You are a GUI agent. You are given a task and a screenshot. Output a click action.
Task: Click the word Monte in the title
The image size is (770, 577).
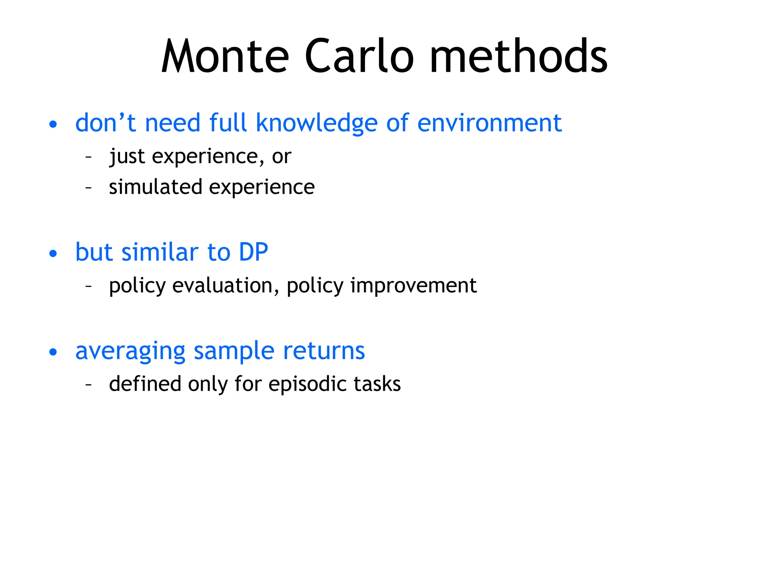coord(225,56)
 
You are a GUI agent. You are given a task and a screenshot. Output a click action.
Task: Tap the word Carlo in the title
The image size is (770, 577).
coord(359,56)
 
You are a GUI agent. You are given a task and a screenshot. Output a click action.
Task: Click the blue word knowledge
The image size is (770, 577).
coord(316,123)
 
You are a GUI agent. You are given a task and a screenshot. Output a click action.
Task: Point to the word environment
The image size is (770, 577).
coord(489,123)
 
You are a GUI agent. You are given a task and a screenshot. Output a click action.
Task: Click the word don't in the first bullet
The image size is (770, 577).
coord(105,123)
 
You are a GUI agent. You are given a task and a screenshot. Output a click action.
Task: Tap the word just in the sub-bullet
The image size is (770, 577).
coord(127,157)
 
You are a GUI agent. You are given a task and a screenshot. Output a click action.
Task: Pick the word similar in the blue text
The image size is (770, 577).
coord(160,252)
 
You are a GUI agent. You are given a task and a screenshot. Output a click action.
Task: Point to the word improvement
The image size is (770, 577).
coord(413,286)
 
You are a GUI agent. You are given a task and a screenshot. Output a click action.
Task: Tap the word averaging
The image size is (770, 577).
coord(130,352)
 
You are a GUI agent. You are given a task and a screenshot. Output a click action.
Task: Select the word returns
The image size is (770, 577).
coord(324,351)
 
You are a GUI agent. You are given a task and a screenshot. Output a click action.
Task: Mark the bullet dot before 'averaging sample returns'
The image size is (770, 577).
coord(53,352)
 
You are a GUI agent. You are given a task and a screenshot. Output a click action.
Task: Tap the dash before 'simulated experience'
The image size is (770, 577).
coord(89,187)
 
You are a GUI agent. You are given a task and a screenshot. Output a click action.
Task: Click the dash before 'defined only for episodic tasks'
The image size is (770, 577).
coord(89,384)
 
